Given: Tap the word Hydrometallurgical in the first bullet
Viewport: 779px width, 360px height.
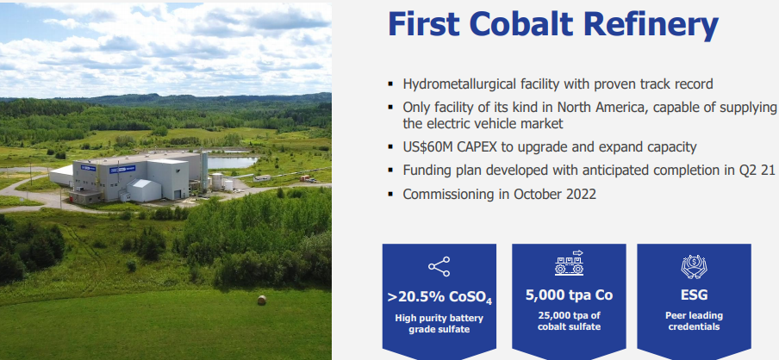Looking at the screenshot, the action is pyautogui.click(x=464, y=84).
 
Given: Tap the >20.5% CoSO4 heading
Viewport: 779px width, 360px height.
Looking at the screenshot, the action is pyautogui.click(x=439, y=297).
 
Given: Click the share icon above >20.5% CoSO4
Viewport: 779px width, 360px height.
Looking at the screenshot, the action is pyautogui.click(x=439, y=267).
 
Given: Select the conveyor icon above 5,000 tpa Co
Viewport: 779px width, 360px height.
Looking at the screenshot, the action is pyautogui.click(x=569, y=264).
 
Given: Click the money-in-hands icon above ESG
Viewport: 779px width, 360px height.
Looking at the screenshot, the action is pyautogui.click(x=694, y=266).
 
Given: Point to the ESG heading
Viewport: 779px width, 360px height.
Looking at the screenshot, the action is pyautogui.click(x=694, y=295).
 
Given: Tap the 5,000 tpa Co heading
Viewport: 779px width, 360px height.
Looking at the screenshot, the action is pyautogui.click(x=569, y=295).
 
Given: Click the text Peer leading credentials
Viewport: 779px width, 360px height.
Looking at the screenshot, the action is pyautogui.click(x=694, y=320).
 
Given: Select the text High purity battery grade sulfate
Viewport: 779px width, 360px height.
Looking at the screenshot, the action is pyautogui.click(x=439, y=324).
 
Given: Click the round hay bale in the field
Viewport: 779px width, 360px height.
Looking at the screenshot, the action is pyautogui.click(x=262, y=300).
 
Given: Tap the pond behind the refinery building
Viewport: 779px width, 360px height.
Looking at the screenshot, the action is pyautogui.click(x=232, y=163).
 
